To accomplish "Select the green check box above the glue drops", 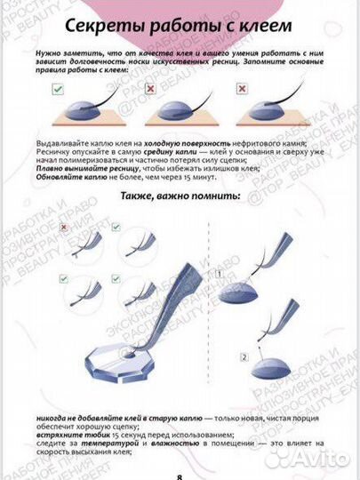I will point(56,90).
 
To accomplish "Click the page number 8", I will point(180,475).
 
